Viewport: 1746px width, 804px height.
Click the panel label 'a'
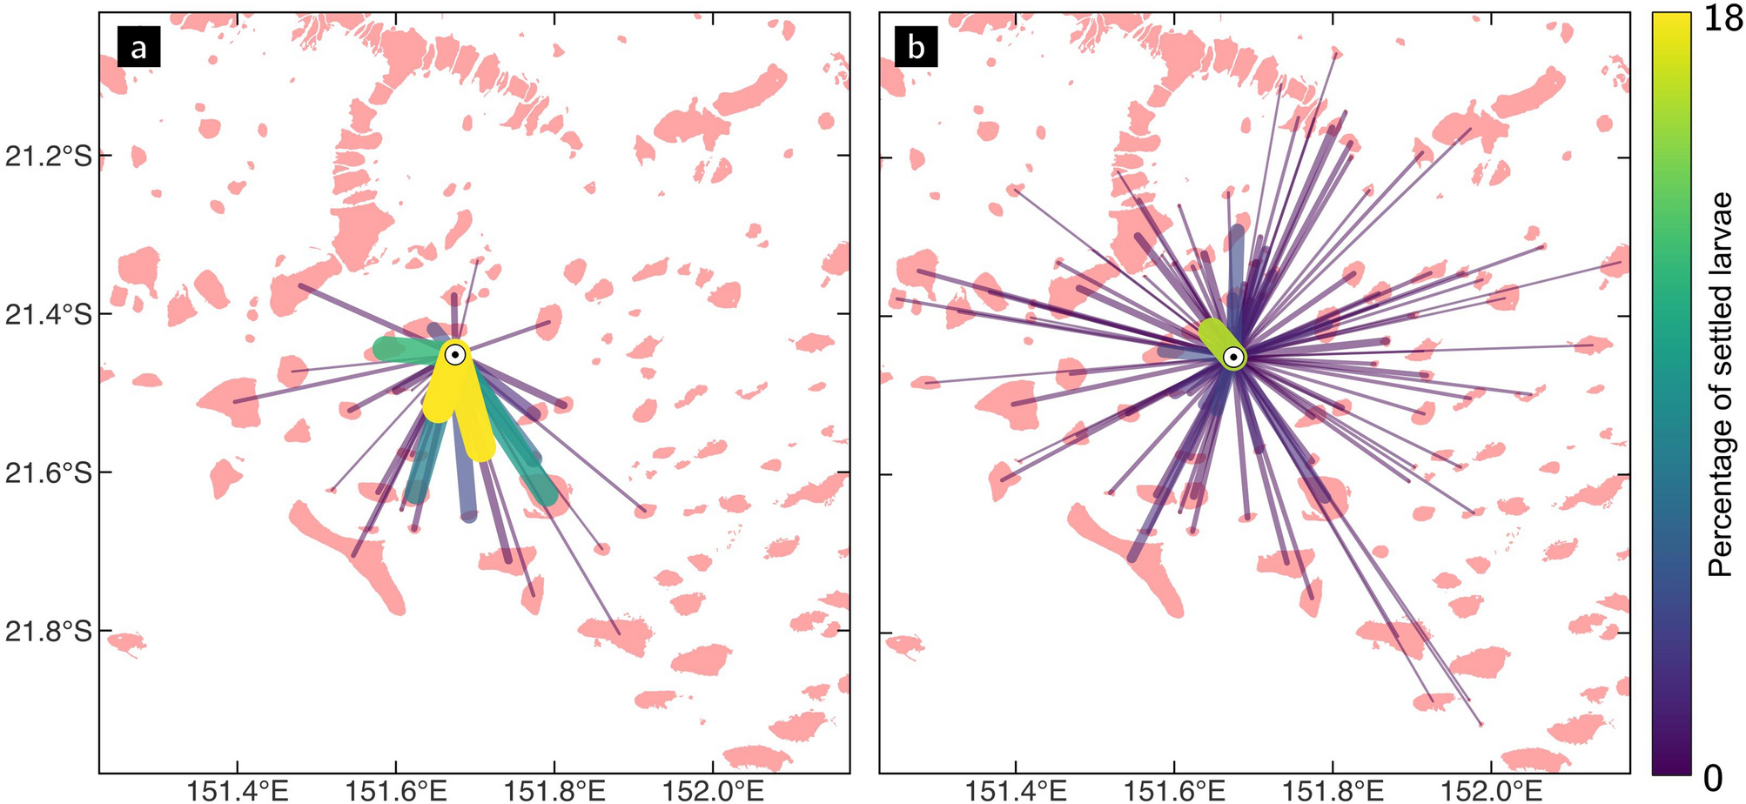click(x=138, y=47)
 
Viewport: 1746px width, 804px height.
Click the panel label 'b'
click(x=917, y=47)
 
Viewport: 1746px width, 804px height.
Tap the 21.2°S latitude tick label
click(x=49, y=157)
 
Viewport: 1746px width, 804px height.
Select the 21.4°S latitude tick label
click(x=49, y=315)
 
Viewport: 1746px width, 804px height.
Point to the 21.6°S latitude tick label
click(x=49, y=473)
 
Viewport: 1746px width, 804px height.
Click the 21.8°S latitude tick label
click(x=49, y=632)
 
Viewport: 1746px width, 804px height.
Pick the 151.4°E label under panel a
click(x=236, y=791)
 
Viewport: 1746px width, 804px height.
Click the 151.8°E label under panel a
click(x=554, y=791)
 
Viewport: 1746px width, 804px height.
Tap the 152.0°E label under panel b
click(x=1492, y=791)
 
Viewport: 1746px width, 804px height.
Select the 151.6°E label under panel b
click(x=1175, y=791)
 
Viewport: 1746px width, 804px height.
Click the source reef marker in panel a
click(x=454, y=354)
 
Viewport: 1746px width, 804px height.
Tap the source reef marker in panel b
click(x=1233, y=357)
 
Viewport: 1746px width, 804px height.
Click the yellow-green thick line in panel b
click(x=1218, y=340)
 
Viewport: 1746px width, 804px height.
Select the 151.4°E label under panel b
click(x=1016, y=791)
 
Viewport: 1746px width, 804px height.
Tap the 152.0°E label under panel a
click(x=713, y=791)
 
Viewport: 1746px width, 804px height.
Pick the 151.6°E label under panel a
click(x=396, y=791)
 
